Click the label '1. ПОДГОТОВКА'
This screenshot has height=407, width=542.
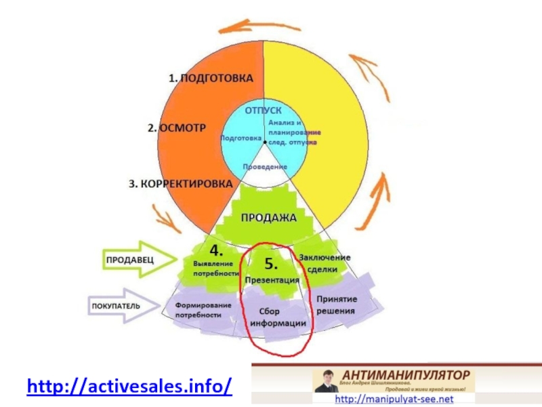[x=211, y=78]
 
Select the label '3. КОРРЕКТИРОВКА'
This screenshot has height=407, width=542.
[x=180, y=184]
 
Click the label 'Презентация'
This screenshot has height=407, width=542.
[x=272, y=279]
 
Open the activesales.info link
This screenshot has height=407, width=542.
[x=129, y=387]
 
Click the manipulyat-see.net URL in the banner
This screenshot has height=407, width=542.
[x=394, y=400]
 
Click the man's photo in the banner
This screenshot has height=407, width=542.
[x=326, y=383]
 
